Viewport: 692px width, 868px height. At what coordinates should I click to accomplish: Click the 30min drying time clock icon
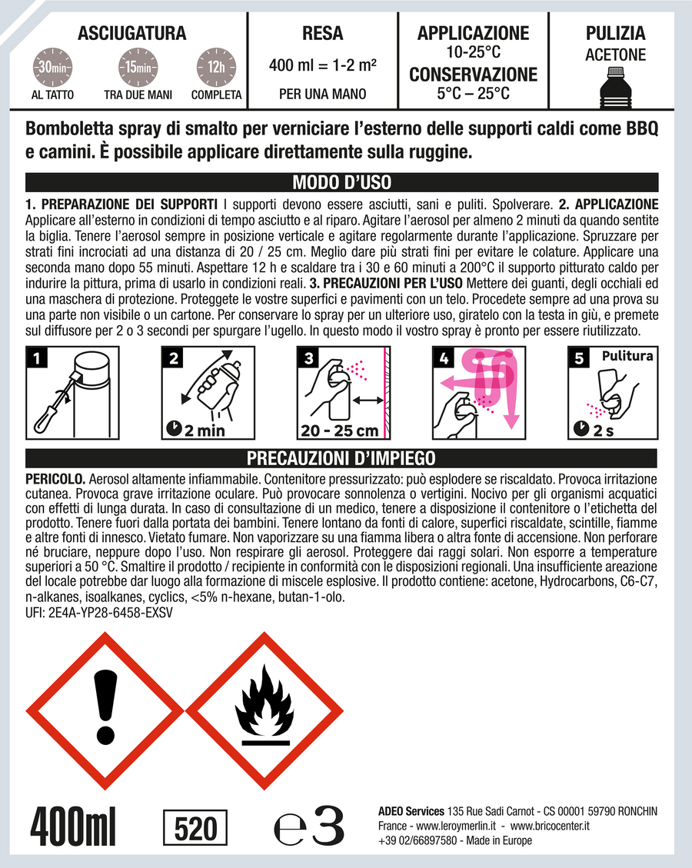coord(52,68)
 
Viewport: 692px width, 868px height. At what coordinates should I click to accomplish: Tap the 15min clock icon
coord(138,68)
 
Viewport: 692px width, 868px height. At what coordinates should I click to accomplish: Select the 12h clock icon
coord(217,68)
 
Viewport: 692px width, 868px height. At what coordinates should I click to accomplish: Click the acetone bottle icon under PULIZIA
coord(615,87)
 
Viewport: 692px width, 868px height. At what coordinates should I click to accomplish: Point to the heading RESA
coord(323,33)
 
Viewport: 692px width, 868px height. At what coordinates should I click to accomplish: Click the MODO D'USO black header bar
coord(342,182)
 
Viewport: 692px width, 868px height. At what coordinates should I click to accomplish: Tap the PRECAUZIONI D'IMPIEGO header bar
coord(341,458)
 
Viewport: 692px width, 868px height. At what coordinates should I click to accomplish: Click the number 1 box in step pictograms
coord(37,358)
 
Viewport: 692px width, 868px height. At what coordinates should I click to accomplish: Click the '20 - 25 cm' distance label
coord(339,431)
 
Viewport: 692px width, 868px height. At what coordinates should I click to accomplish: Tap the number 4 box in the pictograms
coord(444,358)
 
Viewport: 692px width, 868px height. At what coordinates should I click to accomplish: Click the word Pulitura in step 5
coord(627,356)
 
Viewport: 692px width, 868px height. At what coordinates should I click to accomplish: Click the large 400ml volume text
coord(73,827)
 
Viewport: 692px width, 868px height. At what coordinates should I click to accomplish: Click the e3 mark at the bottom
coord(309,826)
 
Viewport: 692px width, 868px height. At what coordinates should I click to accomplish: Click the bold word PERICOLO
coord(55,479)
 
